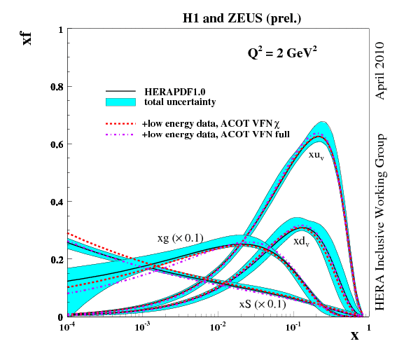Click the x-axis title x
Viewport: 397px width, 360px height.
(x=354, y=335)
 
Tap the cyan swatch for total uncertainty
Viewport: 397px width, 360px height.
(x=120, y=102)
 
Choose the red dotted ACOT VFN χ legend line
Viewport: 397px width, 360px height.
(x=120, y=123)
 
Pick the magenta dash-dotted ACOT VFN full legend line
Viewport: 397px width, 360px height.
(x=120, y=133)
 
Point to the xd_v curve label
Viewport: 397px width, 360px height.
(x=302, y=241)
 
